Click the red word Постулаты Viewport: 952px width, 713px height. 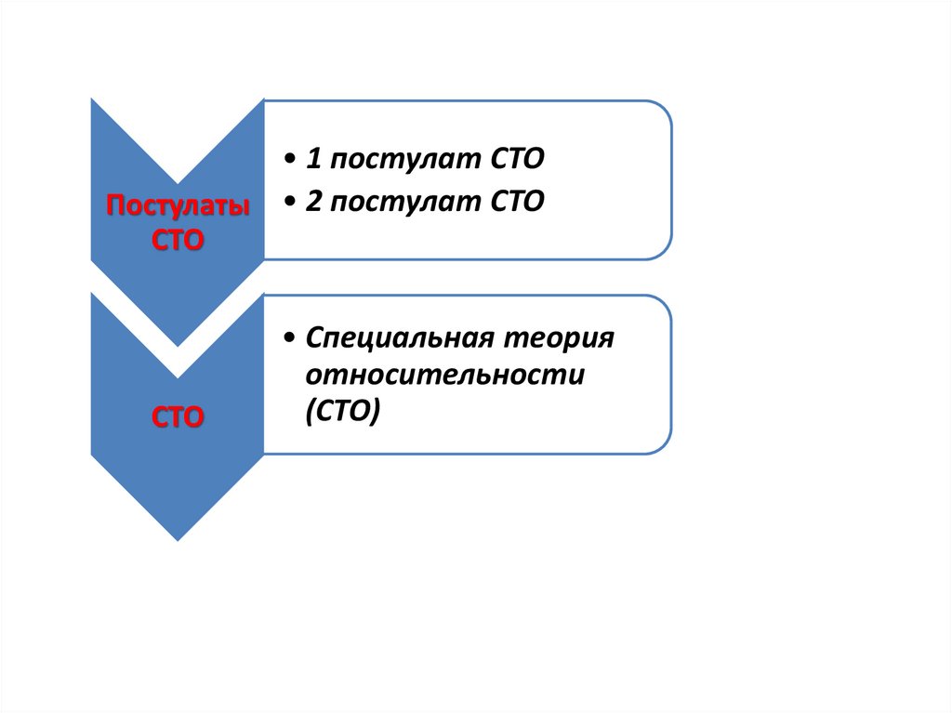pyautogui.click(x=178, y=205)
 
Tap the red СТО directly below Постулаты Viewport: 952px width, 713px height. pyautogui.click(x=178, y=241)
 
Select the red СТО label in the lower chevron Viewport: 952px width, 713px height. pyautogui.click(x=178, y=417)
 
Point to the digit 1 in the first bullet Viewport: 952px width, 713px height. pyautogui.click(x=313, y=159)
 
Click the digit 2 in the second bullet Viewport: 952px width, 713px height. pyautogui.click(x=313, y=201)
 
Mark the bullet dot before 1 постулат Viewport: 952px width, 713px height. pyautogui.click(x=290, y=160)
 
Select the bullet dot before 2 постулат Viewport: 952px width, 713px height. pyautogui.click(x=290, y=203)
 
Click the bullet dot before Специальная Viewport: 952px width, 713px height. pyautogui.click(x=290, y=337)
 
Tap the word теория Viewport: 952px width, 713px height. pyautogui.click(x=559, y=339)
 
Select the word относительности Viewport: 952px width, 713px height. pyautogui.click(x=445, y=375)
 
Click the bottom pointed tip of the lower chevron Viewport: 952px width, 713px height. pyautogui.click(x=178, y=540)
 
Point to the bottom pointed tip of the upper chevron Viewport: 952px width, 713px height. pyautogui.click(x=178, y=346)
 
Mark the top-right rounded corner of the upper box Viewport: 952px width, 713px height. pyautogui.click(x=663, y=110)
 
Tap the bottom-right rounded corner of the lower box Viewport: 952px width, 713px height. pyautogui.click(x=662, y=444)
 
